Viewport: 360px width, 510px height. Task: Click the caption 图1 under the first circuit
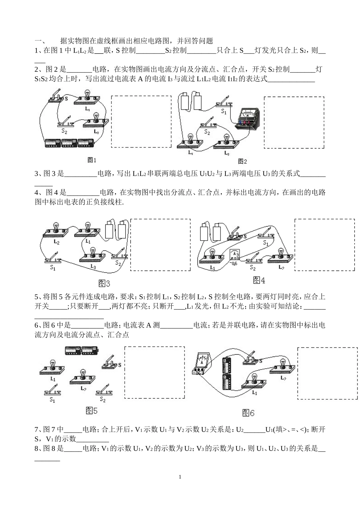point(92,160)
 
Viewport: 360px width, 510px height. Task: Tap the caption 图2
point(242,161)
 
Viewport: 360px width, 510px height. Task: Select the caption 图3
point(104,283)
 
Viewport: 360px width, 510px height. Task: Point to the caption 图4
point(259,280)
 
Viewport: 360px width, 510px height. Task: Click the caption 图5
point(92,410)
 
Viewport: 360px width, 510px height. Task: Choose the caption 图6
point(248,413)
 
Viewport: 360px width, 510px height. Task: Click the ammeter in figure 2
point(248,119)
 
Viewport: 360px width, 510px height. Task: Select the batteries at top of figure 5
point(81,350)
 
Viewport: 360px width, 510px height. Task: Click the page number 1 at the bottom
point(180,477)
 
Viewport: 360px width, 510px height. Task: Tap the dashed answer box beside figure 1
point(141,121)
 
